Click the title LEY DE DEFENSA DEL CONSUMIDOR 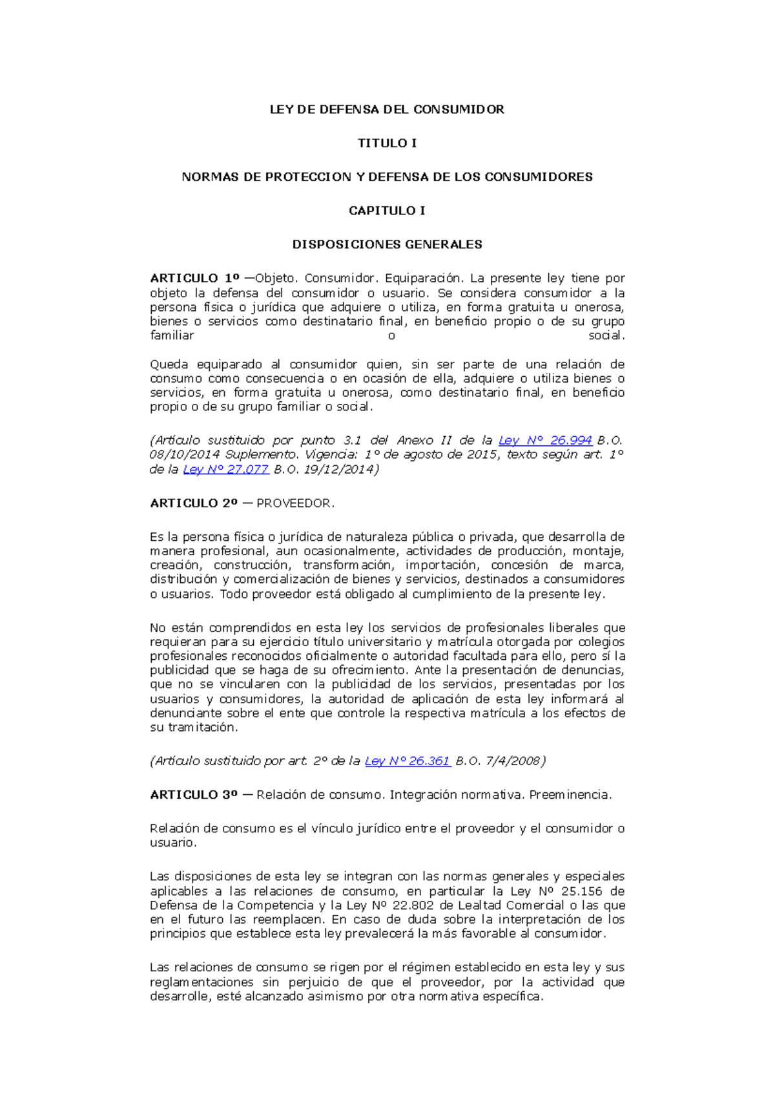point(387,109)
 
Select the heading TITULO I point(387,143)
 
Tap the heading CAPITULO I point(387,211)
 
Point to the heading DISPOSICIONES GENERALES point(387,244)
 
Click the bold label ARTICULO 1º point(194,278)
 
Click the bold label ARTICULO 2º point(194,503)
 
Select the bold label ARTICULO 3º point(194,794)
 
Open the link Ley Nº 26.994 point(545,440)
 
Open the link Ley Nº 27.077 point(225,469)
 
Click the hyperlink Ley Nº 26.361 point(408,761)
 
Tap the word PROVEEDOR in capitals point(294,503)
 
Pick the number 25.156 point(581,891)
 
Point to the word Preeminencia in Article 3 point(570,794)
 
